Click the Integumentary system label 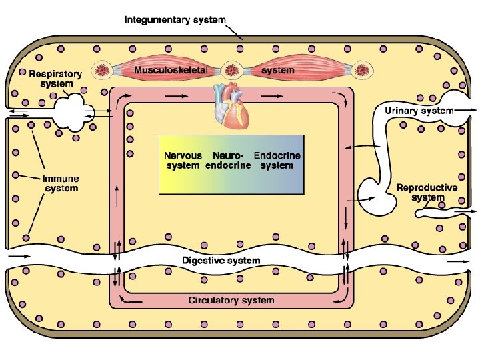pos(175,20)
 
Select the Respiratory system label pos(56,79)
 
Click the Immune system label pos(61,183)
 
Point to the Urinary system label pos(419,111)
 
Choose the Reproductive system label pos(427,192)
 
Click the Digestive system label pos(221,261)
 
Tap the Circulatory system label pos(231,300)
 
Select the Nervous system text pos(183,160)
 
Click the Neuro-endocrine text pos(228,160)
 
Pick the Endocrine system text pos(277,160)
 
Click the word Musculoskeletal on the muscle pos(171,70)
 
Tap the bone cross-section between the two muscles pos(232,71)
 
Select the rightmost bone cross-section pos(362,71)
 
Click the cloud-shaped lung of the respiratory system pos(73,113)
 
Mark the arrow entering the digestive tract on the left pos(19,256)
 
